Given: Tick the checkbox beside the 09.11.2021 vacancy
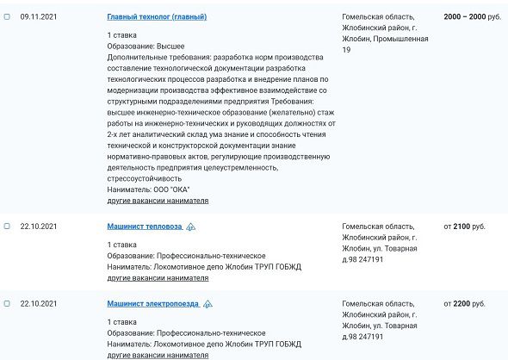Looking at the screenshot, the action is (x=7, y=16).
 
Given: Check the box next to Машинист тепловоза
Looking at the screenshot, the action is (x=7, y=227).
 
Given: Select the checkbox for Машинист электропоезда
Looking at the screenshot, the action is (x=7, y=304).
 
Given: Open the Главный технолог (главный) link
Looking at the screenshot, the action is (x=157, y=17).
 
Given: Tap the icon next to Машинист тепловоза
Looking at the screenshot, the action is (x=191, y=227).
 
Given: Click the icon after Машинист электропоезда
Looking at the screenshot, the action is (x=208, y=305).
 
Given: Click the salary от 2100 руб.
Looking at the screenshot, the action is (x=465, y=227).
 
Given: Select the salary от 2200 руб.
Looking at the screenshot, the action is (x=465, y=304).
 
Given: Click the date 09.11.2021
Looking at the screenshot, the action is (x=38, y=17).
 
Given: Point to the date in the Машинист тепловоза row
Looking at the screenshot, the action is (x=38, y=227).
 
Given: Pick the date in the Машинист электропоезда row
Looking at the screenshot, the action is (x=38, y=304).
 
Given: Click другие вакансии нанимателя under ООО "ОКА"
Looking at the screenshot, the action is (x=158, y=201).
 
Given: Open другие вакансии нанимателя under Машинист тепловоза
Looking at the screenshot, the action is (x=158, y=278).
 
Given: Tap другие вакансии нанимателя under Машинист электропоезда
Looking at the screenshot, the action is (x=158, y=355).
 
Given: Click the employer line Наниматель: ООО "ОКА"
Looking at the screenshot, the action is (x=148, y=189).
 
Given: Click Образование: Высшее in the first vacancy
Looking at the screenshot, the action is (x=146, y=46).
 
